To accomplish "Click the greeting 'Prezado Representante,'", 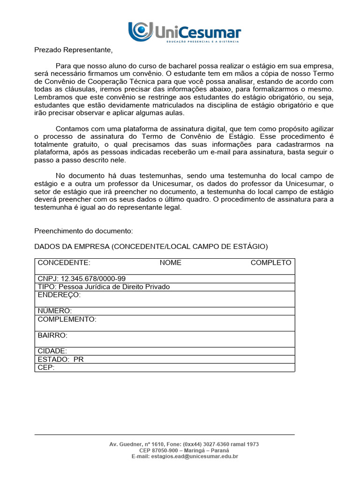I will pyautogui.click(x=74, y=50).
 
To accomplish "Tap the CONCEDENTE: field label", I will pyautogui.click(x=64, y=262).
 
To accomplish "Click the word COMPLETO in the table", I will pyautogui.click(x=270, y=262).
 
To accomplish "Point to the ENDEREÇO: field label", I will pyautogui.click(x=59, y=295).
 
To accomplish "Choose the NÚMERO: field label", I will pyautogui.click(x=55, y=311).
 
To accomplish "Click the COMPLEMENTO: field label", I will pyautogui.click(x=67, y=319).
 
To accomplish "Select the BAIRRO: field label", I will pyautogui.click(x=52, y=335).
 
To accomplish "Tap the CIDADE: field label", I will pyautogui.click(x=52, y=351).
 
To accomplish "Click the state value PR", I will pyautogui.click(x=78, y=360).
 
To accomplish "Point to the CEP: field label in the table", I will pyautogui.click(x=46, y=367).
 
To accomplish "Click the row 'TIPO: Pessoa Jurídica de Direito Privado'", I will pyautogui.click(x=104, y=286).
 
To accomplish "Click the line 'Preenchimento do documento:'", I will pyautogui.click(x=84, y=231).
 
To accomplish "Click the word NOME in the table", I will pyautogui.click(x=170, y=262).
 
